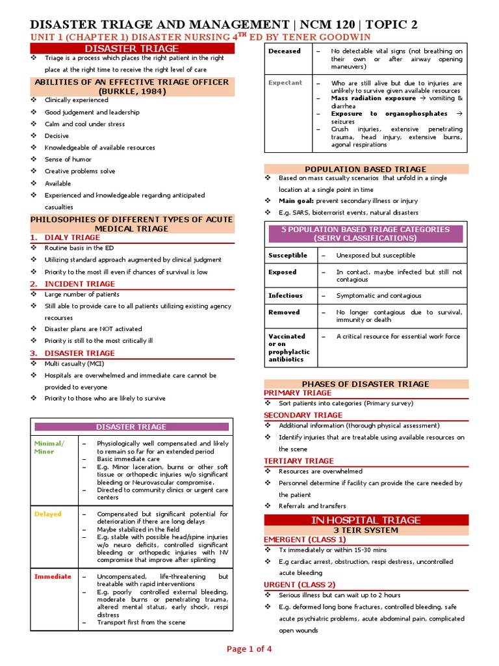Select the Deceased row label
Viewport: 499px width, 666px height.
pyautogui.click(x=284, y=51)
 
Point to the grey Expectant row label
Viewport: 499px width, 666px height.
pyautogui.click(x=285, y=83)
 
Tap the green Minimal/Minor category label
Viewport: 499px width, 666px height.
pyautogui.click(x=49, y=447)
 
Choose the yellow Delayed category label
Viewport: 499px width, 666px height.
pyautogui.click(x=47, y=514)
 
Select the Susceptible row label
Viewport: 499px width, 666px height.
pyautogui.click(x=288, y=256)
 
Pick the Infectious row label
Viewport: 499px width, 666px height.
pyautogui.click(x=285, y=295)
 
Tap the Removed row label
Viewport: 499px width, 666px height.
pyautogui.click(x=284, y=312)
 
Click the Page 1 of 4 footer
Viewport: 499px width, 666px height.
pyautogui.click(x=249, y=648)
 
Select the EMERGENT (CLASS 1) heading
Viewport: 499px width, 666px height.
pyautogui.click(x=305, y=539)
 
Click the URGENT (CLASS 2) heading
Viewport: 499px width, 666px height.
pyautogui.click(x=300, y=584)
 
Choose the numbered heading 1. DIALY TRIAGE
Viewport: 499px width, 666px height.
pyautogui.click(x=66, y=237)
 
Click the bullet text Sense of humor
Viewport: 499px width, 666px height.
pyautogui.click(x=68, y=159)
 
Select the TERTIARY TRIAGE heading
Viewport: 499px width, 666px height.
pyautogui.click(x=299, y=460)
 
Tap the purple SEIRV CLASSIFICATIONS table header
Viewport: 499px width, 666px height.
pyautogui.click(x=365, y=234)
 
